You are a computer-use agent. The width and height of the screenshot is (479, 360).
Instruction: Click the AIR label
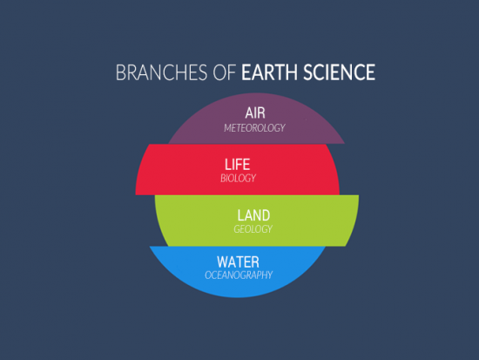(x=254, y=112)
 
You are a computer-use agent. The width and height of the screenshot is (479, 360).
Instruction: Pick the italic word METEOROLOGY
(x=254, y=127)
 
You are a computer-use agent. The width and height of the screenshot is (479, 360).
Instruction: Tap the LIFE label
(x=237, y=163)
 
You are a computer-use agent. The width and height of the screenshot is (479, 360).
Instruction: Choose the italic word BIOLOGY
(x=237, y=178)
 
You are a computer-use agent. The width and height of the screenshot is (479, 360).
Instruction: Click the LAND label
(x=253, y=214)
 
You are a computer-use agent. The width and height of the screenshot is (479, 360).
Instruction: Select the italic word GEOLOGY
(x=253, y=229)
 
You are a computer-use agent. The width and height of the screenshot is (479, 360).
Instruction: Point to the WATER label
(x=239, y=261)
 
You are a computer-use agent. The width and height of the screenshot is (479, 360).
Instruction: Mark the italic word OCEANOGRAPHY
(x=239, y=275)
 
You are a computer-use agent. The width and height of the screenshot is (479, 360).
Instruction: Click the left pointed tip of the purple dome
(x=167, y=143)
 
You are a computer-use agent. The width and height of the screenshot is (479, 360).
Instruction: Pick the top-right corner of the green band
(x=358, y=196)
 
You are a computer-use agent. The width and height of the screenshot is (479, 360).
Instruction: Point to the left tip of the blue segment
(x=150, y=248)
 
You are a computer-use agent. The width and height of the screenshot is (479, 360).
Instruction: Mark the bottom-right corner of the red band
(x=339, y=193)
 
